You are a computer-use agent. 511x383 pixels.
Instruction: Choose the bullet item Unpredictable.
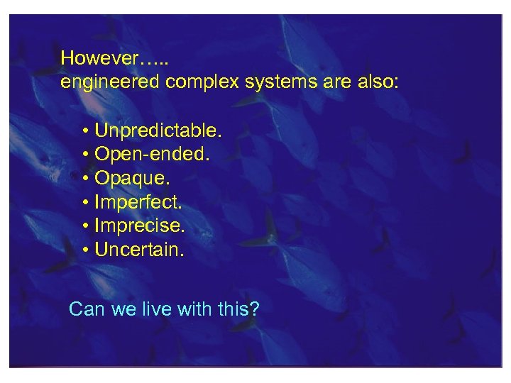(158, 131)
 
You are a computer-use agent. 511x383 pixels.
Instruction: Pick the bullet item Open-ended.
(152, 154)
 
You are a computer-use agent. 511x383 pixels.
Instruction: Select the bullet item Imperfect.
(138, 202)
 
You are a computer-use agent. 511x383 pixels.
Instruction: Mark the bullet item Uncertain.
(139, 250)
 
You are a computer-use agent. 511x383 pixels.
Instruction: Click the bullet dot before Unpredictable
(84, 131)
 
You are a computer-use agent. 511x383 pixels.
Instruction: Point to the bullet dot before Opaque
(84, 179)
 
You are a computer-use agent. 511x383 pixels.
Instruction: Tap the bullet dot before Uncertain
(84, 250)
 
